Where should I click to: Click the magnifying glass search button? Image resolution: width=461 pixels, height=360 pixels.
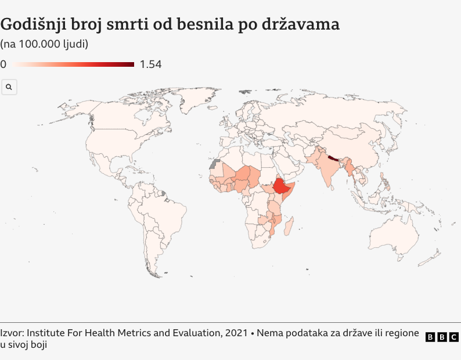click(9, 87)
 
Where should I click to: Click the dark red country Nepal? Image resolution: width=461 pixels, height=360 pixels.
click(332, 157)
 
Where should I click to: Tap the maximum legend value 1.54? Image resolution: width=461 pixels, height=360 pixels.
click(150, 64)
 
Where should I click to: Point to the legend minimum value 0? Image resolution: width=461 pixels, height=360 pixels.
click(3, 64)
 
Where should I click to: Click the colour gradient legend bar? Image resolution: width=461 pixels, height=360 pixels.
click(74, 64)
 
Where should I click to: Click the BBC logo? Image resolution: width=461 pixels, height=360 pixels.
click(442, 337)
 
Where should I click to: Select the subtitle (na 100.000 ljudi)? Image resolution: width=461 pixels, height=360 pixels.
click(44, 44)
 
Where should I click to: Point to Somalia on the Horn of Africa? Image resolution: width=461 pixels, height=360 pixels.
click(293, 192)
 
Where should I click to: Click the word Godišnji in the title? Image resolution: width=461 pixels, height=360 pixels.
click(33, 25)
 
